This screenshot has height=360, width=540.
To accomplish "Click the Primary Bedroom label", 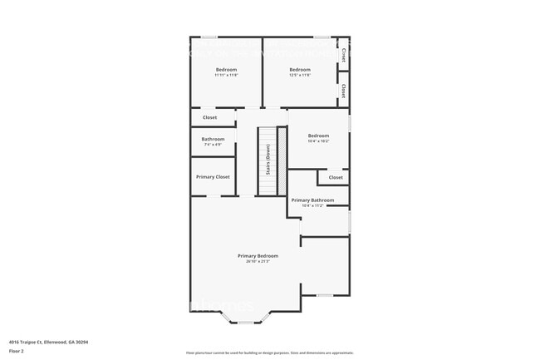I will click(258, 255).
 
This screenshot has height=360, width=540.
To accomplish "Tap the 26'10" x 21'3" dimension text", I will click(258, 261).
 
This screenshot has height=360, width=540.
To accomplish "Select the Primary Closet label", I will click(213, 177).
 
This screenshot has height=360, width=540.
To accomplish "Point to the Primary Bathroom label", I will click(312, 200).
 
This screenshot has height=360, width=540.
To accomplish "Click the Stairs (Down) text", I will click(268, 159).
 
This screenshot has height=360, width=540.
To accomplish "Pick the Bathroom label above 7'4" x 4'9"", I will click(213, 139).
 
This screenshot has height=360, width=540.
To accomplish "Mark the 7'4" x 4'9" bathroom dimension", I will click(213, 145).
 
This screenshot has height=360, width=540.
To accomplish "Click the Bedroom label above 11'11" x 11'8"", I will click(227, 69).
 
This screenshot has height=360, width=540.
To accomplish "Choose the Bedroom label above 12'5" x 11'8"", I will click(300, 69).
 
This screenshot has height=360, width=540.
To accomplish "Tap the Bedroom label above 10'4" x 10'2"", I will click(319, 136).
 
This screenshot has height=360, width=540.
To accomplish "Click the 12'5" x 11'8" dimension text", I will click(300, 75).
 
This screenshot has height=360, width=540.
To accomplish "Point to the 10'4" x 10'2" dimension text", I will click(319, 141).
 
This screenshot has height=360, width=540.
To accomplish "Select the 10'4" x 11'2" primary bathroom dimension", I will click(312, 205).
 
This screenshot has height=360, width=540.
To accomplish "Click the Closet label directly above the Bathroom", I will click(210, 117).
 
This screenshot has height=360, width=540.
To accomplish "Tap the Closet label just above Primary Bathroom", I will click(336, 177).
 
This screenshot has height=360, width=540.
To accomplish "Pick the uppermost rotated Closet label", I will click(344, 54).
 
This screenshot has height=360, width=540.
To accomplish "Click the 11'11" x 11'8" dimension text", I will click(227, 75).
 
